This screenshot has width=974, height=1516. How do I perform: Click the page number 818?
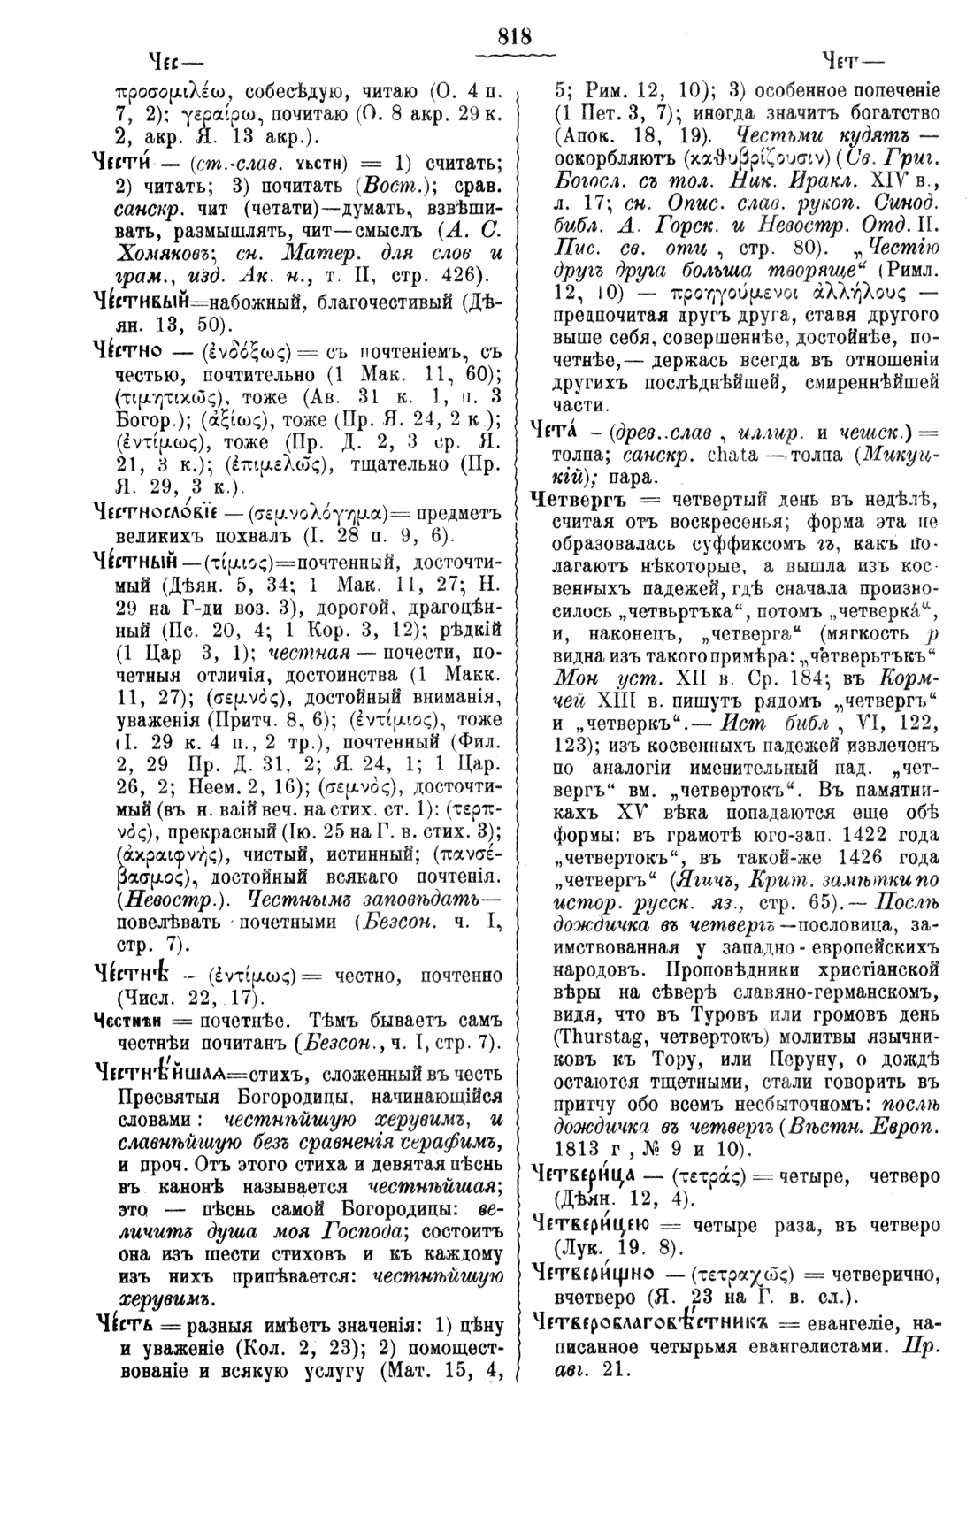tap(514, 36)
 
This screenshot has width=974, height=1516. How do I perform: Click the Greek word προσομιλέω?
tap(173, 91)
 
